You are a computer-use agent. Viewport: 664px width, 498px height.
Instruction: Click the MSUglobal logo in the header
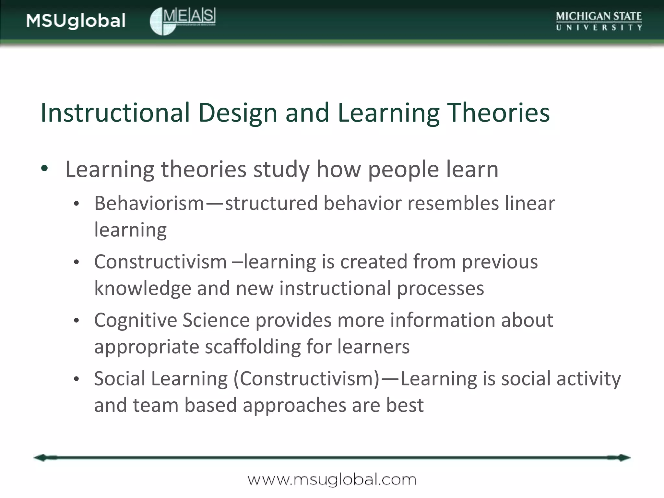tap(76, 21)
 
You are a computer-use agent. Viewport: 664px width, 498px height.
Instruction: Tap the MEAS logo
tap(183, 21)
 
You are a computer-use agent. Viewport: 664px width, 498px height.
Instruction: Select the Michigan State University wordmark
tap(599, 21)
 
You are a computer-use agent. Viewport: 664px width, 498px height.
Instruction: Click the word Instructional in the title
tap(115, 113)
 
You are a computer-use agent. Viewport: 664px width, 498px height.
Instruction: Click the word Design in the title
tap(238, 113)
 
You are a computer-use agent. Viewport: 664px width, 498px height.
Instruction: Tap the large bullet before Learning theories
tap(45, 168)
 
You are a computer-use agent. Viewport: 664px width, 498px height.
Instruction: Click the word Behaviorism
tap(149, 203)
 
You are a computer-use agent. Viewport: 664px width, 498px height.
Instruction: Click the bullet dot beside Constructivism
tap(76, 262)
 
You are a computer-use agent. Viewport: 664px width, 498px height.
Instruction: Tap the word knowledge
tap(143, 288)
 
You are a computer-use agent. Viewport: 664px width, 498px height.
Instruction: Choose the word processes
tap(440, 288)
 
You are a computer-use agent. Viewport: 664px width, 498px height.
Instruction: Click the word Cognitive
tap(136, 320)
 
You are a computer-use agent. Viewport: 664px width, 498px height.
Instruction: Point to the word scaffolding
tap(253, 347)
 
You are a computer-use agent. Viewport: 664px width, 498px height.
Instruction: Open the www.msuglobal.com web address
tap(332, 480)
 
